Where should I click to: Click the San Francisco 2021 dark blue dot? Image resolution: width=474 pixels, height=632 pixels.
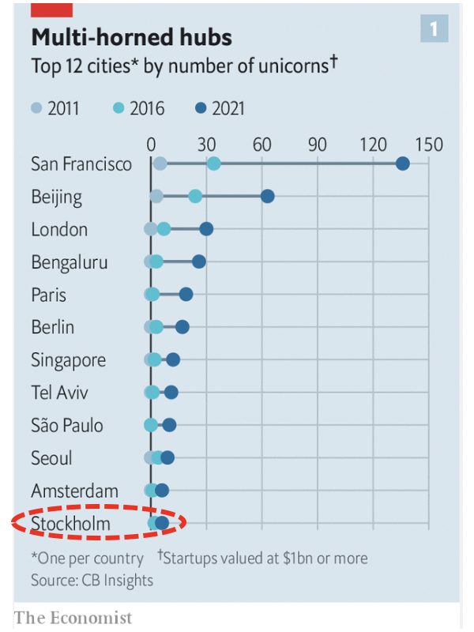point(402,164)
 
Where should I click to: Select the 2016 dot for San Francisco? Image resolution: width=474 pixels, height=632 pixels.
point(213,164)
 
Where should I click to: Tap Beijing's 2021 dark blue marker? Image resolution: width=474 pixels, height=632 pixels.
point(267,196)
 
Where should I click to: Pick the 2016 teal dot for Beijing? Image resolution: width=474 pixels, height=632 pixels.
point(195,196)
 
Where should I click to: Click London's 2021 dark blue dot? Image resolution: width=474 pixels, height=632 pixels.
point(206,229)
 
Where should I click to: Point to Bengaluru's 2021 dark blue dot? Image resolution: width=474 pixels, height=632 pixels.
point(199,261)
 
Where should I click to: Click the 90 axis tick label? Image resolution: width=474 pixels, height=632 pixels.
point(318,145)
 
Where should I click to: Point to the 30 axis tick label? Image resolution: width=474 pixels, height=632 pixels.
point(207,145)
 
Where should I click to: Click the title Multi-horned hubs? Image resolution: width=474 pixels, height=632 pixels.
point(131,38)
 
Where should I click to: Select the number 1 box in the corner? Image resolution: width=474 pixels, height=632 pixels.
point(434,30)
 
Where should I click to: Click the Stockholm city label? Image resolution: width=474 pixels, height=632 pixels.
point(71,523)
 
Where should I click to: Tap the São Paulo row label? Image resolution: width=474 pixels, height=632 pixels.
point(67,425)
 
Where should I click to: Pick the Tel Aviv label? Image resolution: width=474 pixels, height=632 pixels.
point(60,393)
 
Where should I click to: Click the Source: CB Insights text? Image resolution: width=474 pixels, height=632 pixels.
point(92,580)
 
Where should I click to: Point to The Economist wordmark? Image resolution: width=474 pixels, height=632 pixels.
point(73,617)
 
